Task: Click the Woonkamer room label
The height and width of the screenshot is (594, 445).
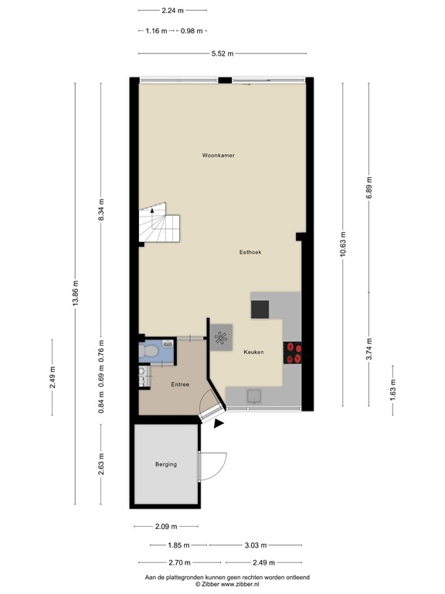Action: point(219,155)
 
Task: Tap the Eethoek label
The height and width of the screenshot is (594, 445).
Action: point(251,252)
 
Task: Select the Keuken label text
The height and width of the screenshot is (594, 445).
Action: point(253,352)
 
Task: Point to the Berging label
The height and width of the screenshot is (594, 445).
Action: point(165,464)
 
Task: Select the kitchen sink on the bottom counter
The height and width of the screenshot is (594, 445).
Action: point(253,396)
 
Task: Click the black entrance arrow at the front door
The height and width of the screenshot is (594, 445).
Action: point(219,423)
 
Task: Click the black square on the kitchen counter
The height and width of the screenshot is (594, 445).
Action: point(260,309)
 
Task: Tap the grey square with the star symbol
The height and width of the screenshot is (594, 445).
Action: point(221,336)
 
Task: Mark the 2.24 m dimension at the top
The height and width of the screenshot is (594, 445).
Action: point(173,11)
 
